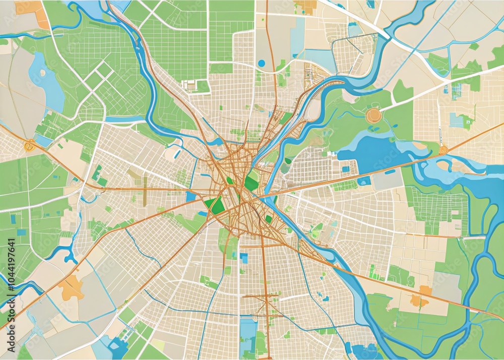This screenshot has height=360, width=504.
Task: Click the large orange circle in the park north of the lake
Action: [373, 115]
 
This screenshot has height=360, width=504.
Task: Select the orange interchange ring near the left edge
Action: [29, 146]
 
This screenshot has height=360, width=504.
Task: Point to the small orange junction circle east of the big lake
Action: [444, 150]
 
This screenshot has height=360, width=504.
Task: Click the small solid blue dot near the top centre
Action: [261, 63]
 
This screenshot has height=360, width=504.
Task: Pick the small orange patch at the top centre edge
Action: [306, 6]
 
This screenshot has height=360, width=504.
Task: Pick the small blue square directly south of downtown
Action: [244, 258]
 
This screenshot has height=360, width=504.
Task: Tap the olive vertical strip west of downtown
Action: [145, 184]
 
